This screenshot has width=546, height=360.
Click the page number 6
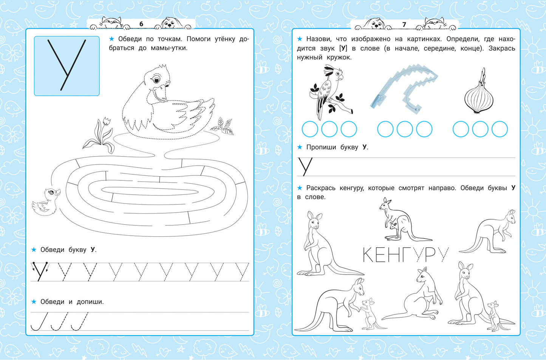coord(141,24)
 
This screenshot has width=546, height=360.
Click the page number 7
coord(404,24)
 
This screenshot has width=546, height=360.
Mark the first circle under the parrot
coord(310,129)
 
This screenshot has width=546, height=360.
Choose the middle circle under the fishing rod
coord(405,129)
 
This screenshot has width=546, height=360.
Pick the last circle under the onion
coord(500,129)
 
